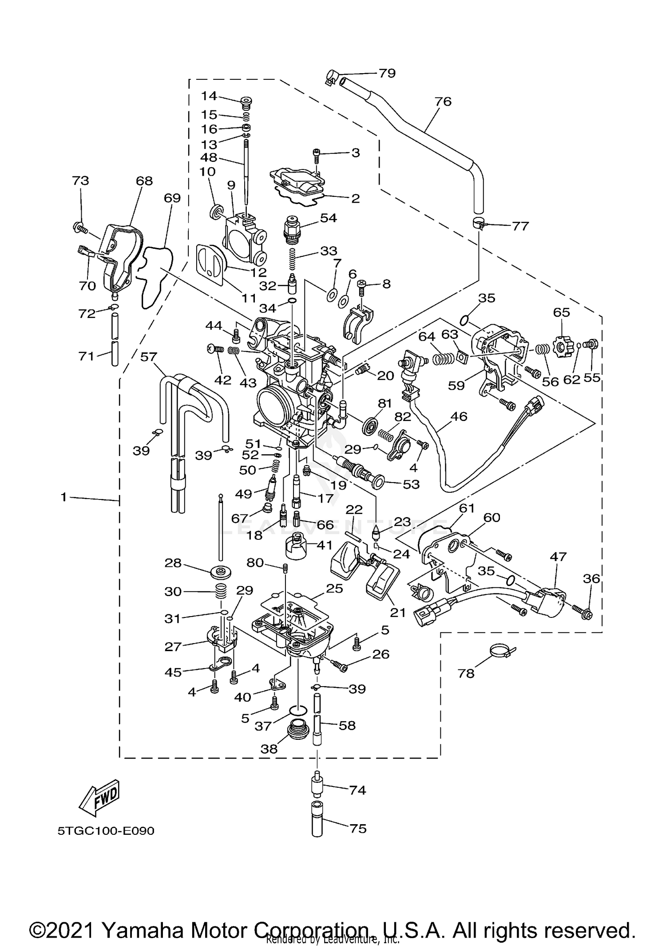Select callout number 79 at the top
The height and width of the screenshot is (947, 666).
pyautogui.click(x=387, y=73)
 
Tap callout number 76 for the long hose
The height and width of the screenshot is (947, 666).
pyautogui.click(x=443, y=102)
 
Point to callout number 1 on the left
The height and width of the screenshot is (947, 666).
pyautogui.click(x=64, y=498)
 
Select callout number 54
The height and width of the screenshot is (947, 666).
pyautogui.click(x=329, y=218)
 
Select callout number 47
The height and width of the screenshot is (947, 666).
pyautogui.click(x=558, y=556)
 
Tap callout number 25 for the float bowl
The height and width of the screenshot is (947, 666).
pyautogui.click(x=335, y=588)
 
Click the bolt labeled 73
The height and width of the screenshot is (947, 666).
pyautogui.click(x=79, y=228)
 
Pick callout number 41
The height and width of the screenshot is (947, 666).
pyautogui.click(x=325, y=545)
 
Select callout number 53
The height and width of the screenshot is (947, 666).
pyautogui.click(x=411, y=484)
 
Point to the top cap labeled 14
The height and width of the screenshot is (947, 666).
pyautogui.click(x=246, y=103)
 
